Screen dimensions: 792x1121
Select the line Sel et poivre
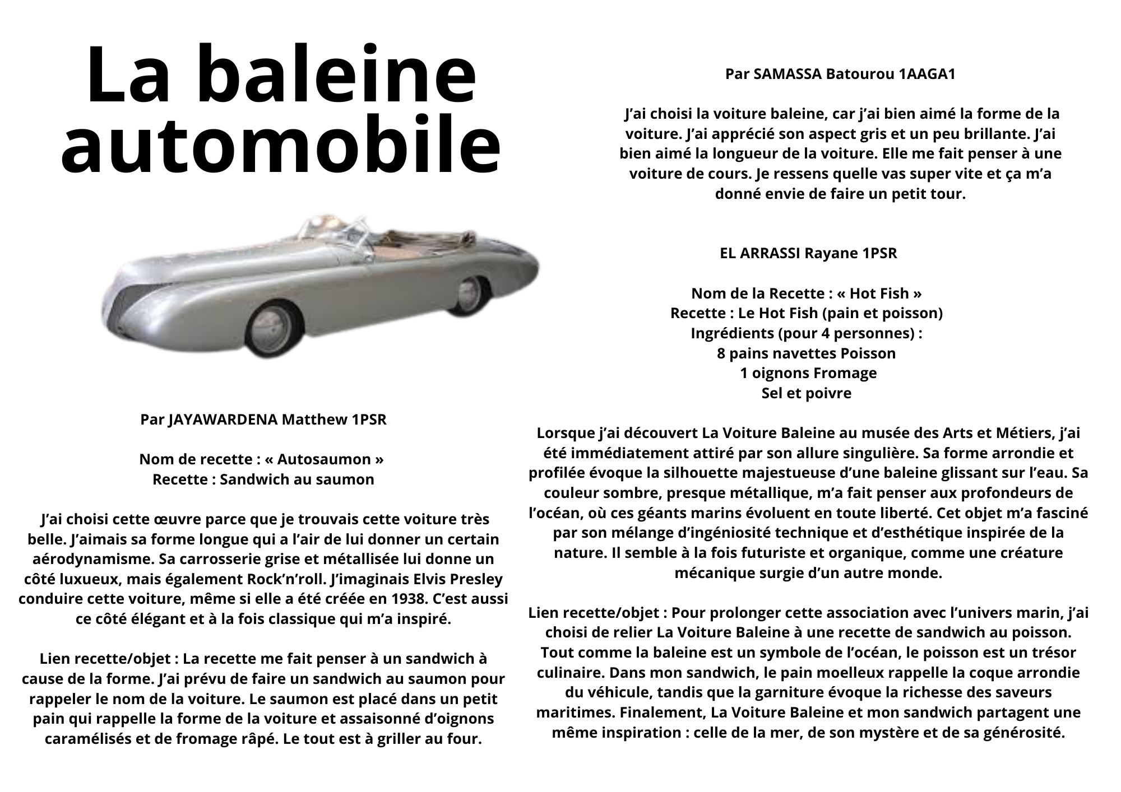tap(806, 393)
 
